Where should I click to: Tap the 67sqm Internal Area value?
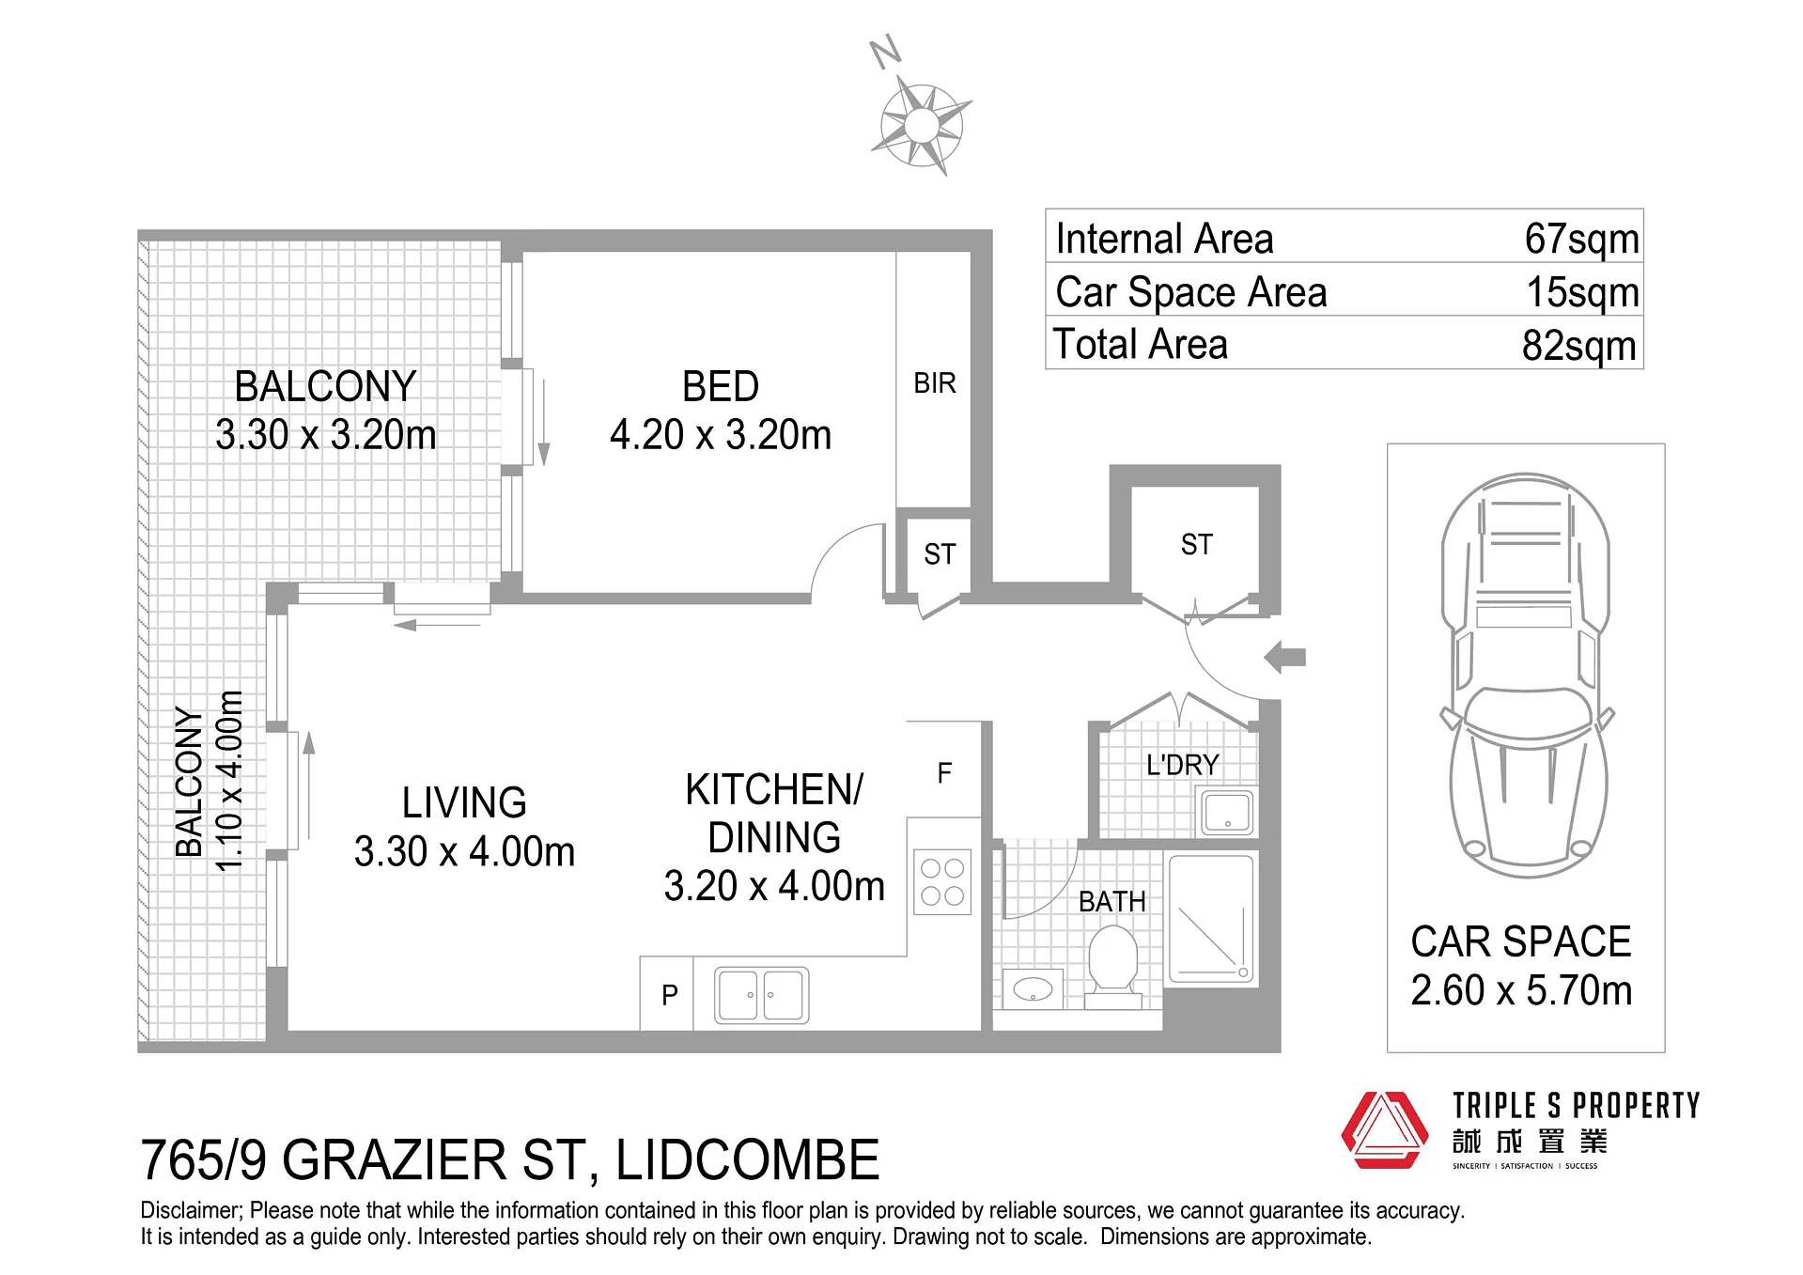1582,239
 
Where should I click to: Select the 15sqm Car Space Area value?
1583,292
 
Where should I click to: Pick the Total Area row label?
1141,344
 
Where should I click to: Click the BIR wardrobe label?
935,383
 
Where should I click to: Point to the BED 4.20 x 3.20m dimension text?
721,435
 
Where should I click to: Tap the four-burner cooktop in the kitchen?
942,882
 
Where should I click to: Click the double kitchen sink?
762,995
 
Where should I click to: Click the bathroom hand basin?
1034,988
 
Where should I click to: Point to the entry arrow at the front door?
1285,658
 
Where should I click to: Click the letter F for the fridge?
945,773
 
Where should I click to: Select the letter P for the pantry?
670,995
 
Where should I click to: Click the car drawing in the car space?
1526,675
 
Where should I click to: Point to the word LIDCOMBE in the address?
748,1159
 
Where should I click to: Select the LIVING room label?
464,803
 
